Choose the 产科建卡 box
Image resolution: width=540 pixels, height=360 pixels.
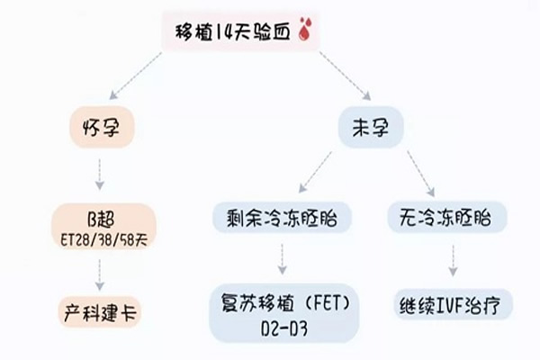101,314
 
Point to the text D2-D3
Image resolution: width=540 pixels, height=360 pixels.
283,325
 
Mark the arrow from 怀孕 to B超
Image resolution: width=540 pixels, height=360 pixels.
101,172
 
